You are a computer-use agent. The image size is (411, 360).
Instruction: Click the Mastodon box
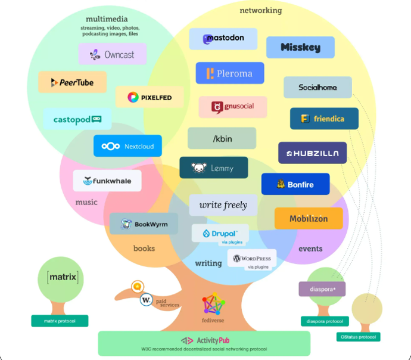pos(223,39)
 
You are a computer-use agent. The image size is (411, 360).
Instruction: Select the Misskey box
pos(300,47)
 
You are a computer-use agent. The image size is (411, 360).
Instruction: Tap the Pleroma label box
pos(230,73)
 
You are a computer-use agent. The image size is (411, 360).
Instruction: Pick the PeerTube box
pos(73,82)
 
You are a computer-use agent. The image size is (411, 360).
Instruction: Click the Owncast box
pos(113,54)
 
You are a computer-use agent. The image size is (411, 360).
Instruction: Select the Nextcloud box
pos(127,146)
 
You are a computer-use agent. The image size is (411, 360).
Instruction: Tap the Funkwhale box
pos(107,181)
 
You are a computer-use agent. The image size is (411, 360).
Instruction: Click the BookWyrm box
pos(144,224)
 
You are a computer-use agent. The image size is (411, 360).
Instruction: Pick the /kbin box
pos(222,138)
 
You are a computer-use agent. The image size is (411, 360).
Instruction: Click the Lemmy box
pos(213,168)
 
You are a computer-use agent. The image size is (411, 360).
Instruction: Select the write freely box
pos(223,205)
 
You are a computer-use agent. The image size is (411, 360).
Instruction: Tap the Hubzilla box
pos(312,153)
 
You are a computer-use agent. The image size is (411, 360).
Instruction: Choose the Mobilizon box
pos(309,219)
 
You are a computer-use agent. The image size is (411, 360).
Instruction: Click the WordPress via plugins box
pos(252,260)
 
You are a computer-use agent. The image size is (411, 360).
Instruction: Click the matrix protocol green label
pos(60,321)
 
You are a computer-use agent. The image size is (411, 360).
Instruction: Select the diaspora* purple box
pos(322,289)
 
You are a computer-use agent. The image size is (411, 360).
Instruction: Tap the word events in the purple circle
pos(310,249)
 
